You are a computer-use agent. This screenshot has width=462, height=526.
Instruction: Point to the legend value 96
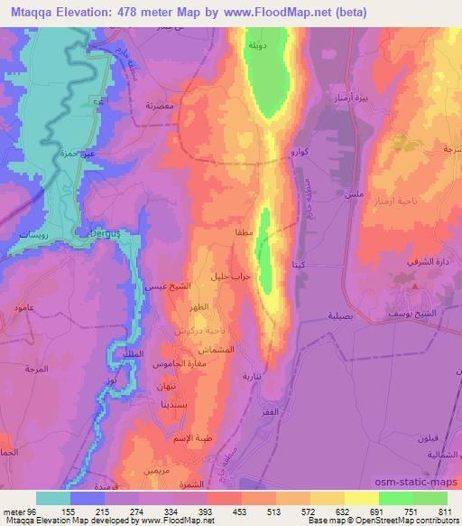(x=36, y=510)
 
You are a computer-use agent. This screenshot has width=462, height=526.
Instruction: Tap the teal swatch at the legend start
(x=53, y=498)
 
